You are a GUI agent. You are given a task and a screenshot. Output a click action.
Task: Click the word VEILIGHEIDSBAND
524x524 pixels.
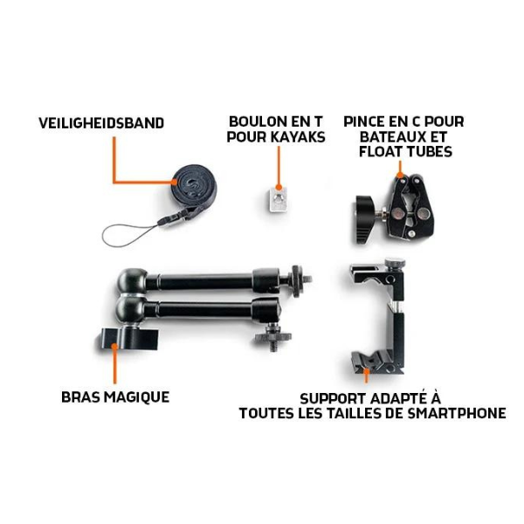[101, 123]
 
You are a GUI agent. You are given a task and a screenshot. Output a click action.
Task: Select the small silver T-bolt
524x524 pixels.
[277, 198]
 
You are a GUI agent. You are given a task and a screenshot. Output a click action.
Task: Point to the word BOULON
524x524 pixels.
[256, 121]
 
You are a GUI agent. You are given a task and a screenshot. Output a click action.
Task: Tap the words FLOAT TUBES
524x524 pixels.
[405, 152]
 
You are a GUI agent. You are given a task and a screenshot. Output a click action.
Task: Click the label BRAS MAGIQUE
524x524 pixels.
[115, 397]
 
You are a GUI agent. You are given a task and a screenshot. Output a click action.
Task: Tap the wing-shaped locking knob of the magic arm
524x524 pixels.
[129, 339]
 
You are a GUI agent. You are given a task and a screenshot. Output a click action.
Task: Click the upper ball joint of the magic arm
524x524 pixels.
[133, 280]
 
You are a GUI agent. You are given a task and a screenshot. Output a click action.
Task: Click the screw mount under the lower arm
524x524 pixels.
[272, 339]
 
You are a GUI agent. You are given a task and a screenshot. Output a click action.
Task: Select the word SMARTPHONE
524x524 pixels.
[456, 413]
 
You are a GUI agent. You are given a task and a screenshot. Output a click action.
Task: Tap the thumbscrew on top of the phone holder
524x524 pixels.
[395, 262]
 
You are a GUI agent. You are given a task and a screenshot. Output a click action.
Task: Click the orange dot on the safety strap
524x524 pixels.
[175, 183]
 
